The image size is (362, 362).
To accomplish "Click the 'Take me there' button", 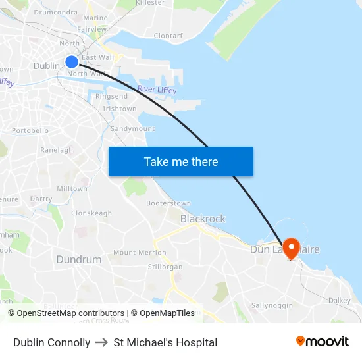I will (x=181, y=161).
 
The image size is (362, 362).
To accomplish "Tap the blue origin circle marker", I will (x=72, y=62).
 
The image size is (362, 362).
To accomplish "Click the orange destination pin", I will (x=290, y=247).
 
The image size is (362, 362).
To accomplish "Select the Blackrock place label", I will (x=203, y=219).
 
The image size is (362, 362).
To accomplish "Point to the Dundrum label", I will (x=79, y=259).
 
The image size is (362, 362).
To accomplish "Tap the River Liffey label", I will (x=157, y=90).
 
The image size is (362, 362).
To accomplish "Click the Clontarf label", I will (x=168, y=36).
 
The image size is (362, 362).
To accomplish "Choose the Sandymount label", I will (x=133, y=129).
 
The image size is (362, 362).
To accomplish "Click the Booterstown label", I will (x=168, y=204).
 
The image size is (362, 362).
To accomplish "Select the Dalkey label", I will (x=340, y=300).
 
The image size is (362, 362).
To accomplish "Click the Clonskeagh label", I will (x=91, y=213).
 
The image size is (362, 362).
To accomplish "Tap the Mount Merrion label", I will (x=140, y=253).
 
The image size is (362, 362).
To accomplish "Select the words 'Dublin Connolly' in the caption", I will (x=52, y=342).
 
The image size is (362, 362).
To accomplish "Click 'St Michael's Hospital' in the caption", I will (x=165, y=342).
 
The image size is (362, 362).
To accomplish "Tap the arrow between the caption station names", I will (x=102, y=342).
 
